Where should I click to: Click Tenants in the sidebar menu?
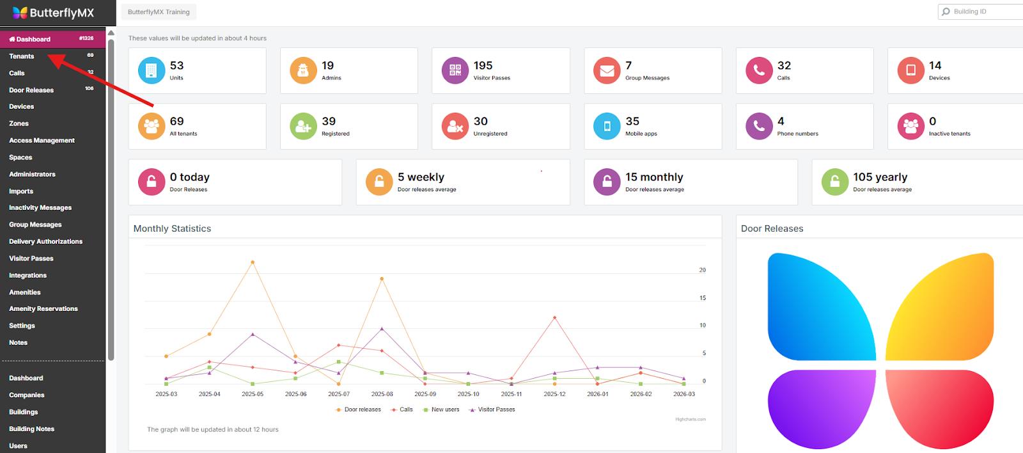click(x=22, y=56)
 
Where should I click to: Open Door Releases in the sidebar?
click(x=31, y=90)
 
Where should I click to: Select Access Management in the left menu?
click(x=42, y=141)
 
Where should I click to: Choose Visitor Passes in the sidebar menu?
click(x=31, y=258)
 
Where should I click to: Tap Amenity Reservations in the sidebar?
click(x=43, y=309)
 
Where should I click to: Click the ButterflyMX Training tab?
click(x=159, y=12)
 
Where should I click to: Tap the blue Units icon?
click(x=152, y=70)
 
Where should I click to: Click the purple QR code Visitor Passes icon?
click(x=455, y=70)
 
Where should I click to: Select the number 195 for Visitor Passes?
click(x=483, y=66)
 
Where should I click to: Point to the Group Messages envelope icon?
click(x=607, y=70)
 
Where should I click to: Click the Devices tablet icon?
click(x=910, y=70)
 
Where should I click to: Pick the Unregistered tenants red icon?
click(x=455, y=126)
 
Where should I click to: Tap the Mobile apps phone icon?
click(x=607, y=126)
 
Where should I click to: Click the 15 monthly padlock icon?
click(x=607, y=182)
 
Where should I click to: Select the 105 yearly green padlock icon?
click(x=834, y=182)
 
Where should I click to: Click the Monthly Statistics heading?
click(x=172, y=228)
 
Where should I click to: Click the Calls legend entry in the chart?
click(x=406, y=409)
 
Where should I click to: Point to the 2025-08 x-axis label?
click(x=382, y=394)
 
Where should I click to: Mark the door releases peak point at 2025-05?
click(x=253, y=262)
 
